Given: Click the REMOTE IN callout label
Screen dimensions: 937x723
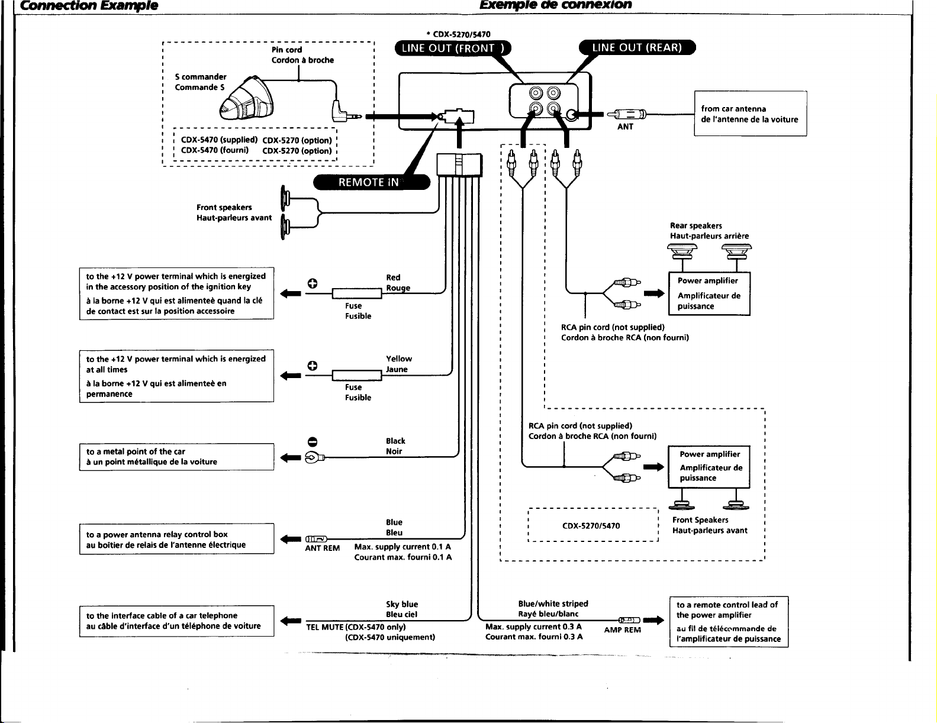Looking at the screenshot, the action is [x=372, y=182].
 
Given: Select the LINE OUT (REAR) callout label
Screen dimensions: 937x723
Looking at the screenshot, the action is [x=637, y=47].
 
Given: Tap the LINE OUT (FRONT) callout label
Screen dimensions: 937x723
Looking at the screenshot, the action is [x=453, y=49].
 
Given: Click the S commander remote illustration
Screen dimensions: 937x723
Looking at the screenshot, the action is [x=247, y=99].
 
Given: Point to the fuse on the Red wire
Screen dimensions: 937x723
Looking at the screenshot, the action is [x=356, y=294].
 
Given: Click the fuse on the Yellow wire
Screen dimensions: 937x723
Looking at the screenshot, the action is [x=356, y=376].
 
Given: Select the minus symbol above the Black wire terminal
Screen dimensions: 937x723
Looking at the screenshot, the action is [x=313, y=442].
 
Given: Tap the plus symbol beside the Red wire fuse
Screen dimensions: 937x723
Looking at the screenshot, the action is [x=313, y=283].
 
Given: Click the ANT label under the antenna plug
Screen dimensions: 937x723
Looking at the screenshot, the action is [x=625, y=127].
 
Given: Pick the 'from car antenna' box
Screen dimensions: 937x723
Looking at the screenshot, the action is [x=751, y=114].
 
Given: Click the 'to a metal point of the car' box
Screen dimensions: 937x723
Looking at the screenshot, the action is [x=176, y=457].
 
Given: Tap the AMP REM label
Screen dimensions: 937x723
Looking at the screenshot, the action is [x=622, y=630].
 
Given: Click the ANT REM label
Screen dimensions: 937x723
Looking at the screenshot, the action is [x=322, y=548].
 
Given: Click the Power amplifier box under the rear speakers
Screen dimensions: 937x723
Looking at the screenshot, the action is [x=709, y=293].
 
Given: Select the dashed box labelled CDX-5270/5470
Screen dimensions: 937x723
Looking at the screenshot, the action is [x=593, y=525].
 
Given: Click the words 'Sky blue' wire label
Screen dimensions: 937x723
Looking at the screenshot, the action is [x=402, y=604].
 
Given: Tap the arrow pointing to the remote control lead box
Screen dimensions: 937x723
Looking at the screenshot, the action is [x=653, y=621].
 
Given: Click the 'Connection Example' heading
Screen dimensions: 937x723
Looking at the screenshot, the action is [x=89, y=5].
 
